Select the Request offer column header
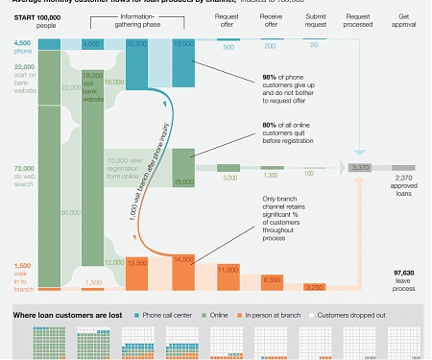coord(228,21)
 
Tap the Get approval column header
coord(404,21)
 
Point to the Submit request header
coord(316,21)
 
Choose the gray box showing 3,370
coord(361,168)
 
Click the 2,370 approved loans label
coord(404,185)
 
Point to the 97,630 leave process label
coord(404,277)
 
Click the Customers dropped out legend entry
coord(356,314)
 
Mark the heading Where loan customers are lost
coord(67,314)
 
